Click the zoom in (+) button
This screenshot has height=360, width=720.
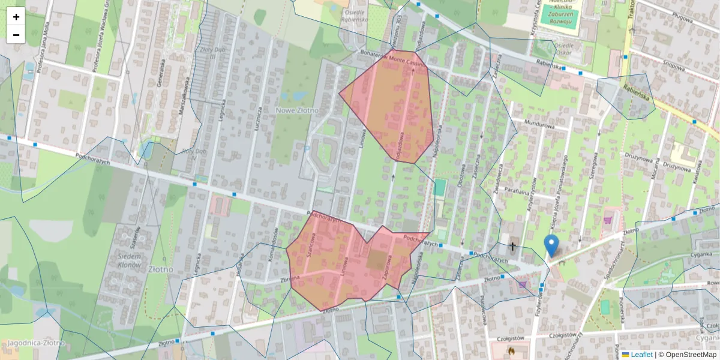pyautogui.click(x=16, y=17)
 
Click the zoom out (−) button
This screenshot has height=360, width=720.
pyautogui.click(x=16, y=35)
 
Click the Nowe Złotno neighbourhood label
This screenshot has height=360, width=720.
pyautogui.click(x=297, y=110)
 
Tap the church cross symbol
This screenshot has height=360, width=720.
pyautogui.click(x=512, y=246)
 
